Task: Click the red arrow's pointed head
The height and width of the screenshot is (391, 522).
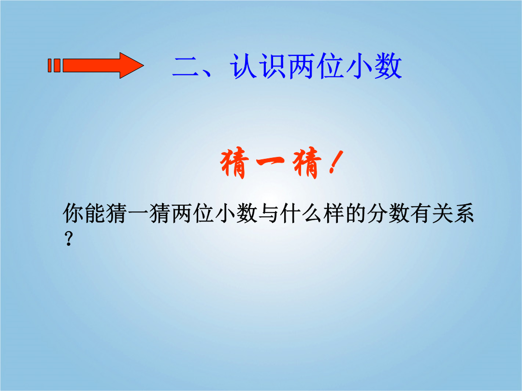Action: (132, 66)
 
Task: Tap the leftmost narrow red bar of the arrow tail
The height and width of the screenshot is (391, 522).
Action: (50, 66)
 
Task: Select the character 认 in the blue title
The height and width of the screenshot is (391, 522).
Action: (243, 67)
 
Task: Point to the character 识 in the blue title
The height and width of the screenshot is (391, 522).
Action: (273, 67)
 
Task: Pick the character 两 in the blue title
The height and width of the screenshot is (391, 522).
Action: (302, 67)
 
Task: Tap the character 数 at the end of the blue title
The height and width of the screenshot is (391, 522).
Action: (388, 67)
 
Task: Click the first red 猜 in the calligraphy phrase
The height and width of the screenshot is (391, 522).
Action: (235, 163)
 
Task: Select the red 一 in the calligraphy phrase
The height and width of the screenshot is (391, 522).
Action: (270, 161)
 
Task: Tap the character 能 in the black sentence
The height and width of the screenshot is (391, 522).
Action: (95, 213)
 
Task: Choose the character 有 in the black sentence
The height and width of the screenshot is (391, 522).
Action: (420, 213)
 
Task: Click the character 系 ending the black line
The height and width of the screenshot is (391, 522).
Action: (463, 213)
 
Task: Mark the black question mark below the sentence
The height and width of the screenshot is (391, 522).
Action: (69, 239)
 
